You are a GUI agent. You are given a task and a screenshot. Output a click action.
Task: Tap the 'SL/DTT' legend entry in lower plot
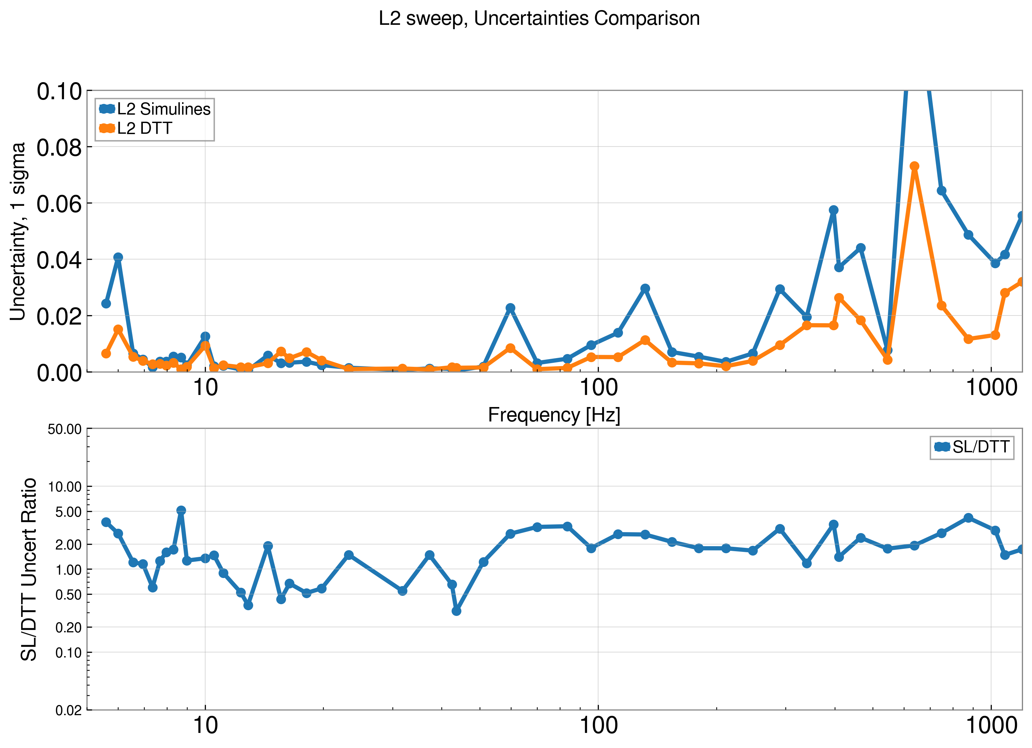(x=981, y=447)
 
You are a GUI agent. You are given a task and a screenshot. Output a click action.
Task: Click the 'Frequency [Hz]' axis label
(x=554, y=415)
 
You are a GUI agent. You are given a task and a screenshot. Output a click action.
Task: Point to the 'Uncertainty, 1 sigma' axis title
(x=18, y=232)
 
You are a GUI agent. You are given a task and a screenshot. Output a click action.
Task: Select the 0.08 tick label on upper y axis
(x=59, y=148)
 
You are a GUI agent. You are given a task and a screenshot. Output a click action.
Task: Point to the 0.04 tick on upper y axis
(x=59, y=260)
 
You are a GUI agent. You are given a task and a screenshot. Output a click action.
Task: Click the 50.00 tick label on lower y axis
(x=65, y=429)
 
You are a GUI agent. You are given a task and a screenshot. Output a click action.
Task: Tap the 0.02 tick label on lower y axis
(x=68, y=710)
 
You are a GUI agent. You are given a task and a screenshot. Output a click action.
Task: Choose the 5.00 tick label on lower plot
(x=68, y=512)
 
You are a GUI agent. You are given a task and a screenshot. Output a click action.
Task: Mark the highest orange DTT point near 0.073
(x=914, y=166)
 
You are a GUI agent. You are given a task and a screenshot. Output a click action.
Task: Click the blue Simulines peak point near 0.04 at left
(x=118, y=257)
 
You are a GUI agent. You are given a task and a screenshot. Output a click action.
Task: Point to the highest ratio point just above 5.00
(x=181, y=511)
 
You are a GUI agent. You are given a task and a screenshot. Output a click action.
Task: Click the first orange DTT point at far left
(x=106, y=353)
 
